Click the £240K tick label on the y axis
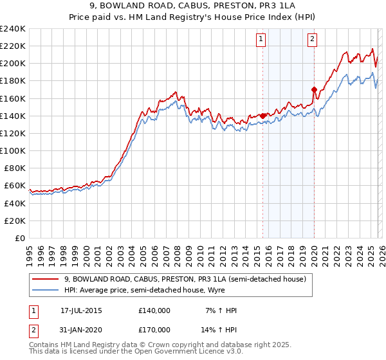tap(13, 28)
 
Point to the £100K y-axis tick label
tap(13, 150)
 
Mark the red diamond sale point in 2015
tap(263, 116)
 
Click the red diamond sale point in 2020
tap(314, 89)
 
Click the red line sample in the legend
tap(45, 279)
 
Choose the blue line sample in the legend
tap(45, 290)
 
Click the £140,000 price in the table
tap(154, 310)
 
